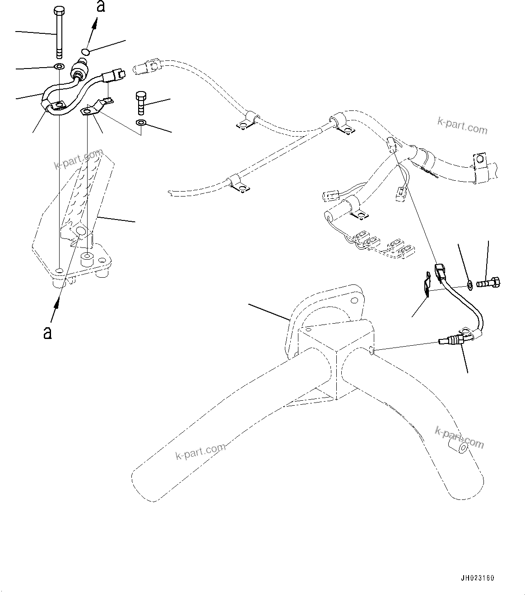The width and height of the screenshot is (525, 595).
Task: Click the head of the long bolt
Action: click(x=59, y=10)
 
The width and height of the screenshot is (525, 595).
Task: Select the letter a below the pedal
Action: click(x=47, y=333)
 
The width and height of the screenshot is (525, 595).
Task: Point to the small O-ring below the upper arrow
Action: click(x=86, y=51)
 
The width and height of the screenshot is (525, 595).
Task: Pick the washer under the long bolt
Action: click(x=59, y=67)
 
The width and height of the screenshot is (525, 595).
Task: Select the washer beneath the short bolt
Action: click(x=141, y=123)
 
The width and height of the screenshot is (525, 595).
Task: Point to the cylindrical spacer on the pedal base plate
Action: click(x=86, y=260)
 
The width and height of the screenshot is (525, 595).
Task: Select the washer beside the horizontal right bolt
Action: click(x=470, y=284)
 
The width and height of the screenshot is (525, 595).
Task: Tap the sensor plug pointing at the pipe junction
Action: click(x=451, y=341)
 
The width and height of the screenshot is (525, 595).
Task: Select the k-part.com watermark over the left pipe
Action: click(x=200, y=450)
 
